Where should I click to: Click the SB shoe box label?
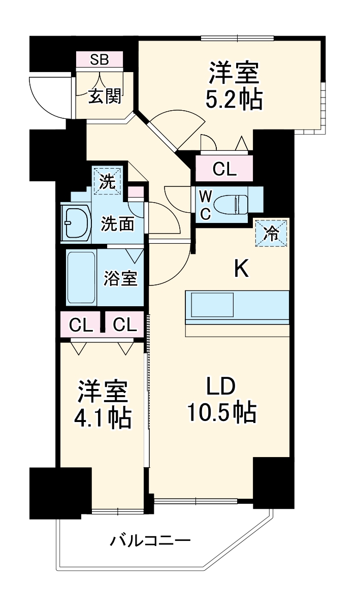pos(100,59)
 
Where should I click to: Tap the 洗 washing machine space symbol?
pos(107,182)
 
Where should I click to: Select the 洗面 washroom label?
pos(117,224)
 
